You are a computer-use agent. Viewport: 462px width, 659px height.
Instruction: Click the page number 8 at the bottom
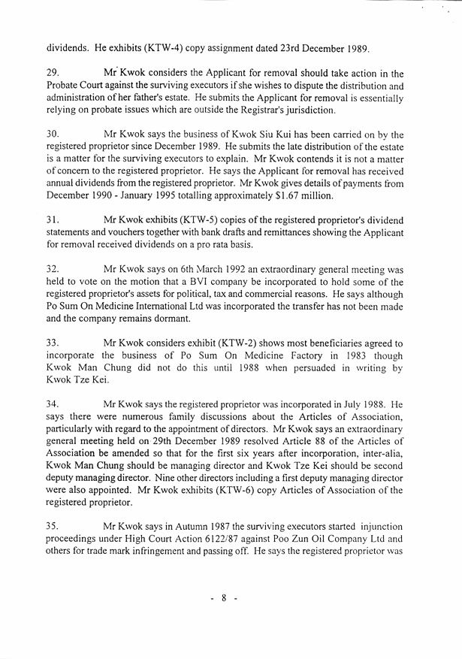point(225,598)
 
